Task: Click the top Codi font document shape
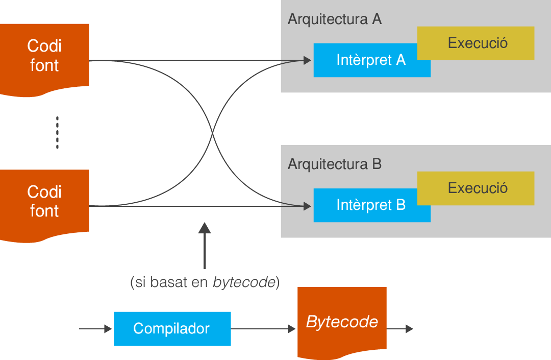(44, 56)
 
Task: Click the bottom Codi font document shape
(44, 202)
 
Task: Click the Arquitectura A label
(334, 19)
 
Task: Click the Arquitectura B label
(334, 164)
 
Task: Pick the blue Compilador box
(172, 328)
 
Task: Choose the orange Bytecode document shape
(342, 322)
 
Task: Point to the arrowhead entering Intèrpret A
(307, 61)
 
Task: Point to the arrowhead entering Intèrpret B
(307, 206)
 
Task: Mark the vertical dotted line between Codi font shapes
(57, 133)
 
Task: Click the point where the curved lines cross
(212, 133)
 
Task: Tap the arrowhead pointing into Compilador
(108, 329)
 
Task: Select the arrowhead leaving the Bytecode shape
(409, 329)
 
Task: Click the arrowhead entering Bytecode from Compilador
(292, 329)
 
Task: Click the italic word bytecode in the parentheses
(244, 282)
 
